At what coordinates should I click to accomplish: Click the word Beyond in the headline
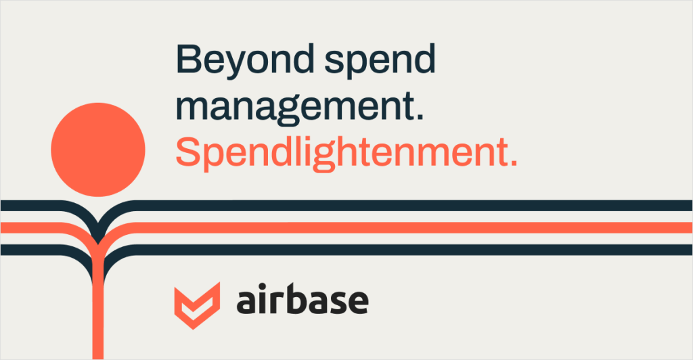pos(245,60)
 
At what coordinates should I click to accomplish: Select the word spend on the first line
pos(380,62)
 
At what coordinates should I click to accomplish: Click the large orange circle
pos(98,150)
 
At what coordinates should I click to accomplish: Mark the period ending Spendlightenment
pos(513,162)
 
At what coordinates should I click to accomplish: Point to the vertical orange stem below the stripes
pos(98,309)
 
